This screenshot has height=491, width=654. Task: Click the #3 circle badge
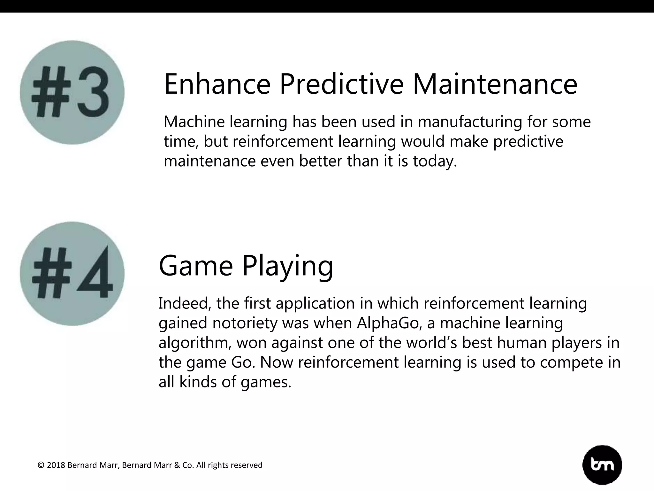(72, 92)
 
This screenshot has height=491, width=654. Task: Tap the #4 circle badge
(72, 274)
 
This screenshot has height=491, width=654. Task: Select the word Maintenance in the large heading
(495, 84)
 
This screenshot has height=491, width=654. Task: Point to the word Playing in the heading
(287, 266)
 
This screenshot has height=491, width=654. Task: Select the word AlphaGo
(388, 323)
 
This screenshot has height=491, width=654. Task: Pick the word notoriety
(245, 323)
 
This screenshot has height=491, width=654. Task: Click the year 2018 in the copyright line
(56, 465)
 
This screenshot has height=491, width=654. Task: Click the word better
(320, 161)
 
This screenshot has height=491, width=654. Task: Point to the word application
(315, 303)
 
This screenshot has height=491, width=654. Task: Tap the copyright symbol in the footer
(41, 465)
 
